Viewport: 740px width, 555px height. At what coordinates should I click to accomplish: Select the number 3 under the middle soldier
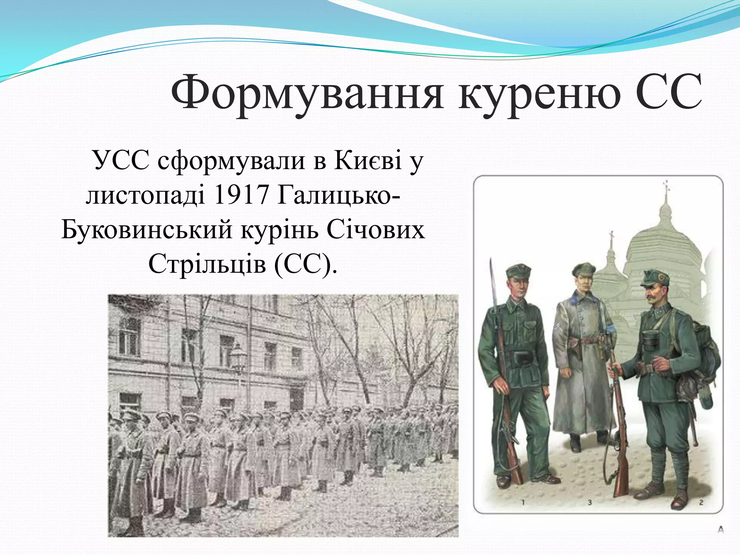589,502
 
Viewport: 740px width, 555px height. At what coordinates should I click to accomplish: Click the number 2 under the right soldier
701,502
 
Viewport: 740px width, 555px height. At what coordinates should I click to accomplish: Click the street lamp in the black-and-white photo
238,356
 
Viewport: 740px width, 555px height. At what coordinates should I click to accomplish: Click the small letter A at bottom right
720,530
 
